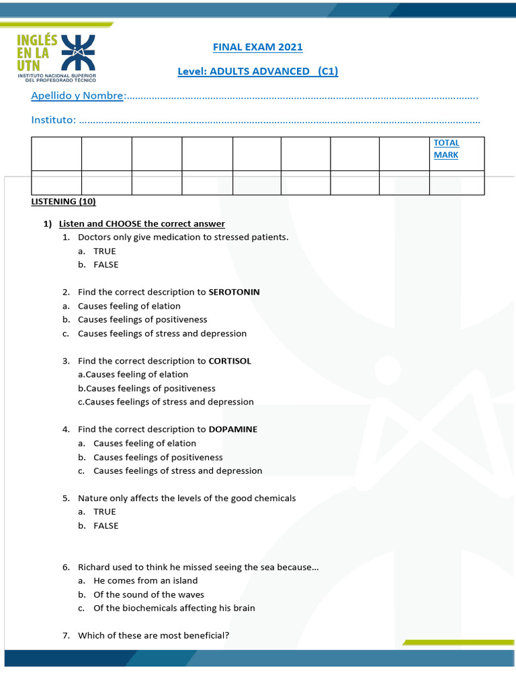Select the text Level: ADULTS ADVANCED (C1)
pyautogui.click(x=257, y=71)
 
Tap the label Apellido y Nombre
pyautogui.click(x=78, y=96)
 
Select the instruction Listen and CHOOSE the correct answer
pyautogui.click(x=142, y=223)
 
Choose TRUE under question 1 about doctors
pyautogui.click(x=104, y=251)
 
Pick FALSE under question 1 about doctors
pyautogui.click(x=105, y=264)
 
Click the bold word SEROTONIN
pyautogui.click(x=234, y=292)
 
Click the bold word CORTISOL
pyautogui.click(x=230, y=361)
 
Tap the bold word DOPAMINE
pyautogui.click(x=232, y=429)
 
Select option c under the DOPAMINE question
pyautogui.click(x=177, y=471)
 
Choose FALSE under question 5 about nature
pyautogui.click(x=105, y=526)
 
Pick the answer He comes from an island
pyautogui.click(x=145, y=580)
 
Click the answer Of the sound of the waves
pyautogui.click(x=148, y=594)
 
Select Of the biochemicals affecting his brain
pyautogui.click(x=174, y=608)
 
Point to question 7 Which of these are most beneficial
pyautogui.click(x=153, y=635)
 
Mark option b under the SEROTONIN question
pyautogui.click(x=142, y=319)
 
